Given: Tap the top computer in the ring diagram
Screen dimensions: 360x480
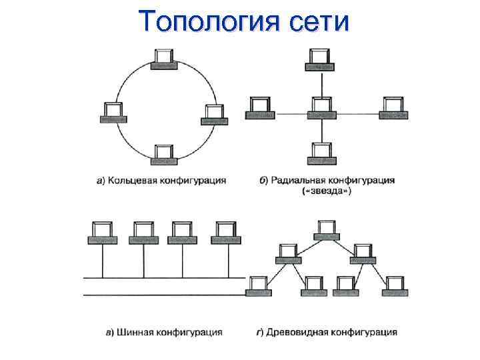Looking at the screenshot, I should tap(164, 59).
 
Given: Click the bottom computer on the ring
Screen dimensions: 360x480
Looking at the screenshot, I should tap(164, 154).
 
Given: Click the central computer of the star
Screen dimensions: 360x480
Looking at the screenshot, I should tap(321, 107).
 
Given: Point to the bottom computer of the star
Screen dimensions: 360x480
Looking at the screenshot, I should tap(321, 153).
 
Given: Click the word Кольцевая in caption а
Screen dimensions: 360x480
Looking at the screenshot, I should tap(139, 180).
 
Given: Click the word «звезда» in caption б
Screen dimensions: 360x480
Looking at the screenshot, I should tap(327, 191).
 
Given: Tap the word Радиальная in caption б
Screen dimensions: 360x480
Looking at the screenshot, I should tap(297, 180).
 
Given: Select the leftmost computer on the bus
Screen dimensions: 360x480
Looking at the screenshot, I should tap(102, 233).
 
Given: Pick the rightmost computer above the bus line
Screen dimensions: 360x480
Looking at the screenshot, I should tap(225, 233).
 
